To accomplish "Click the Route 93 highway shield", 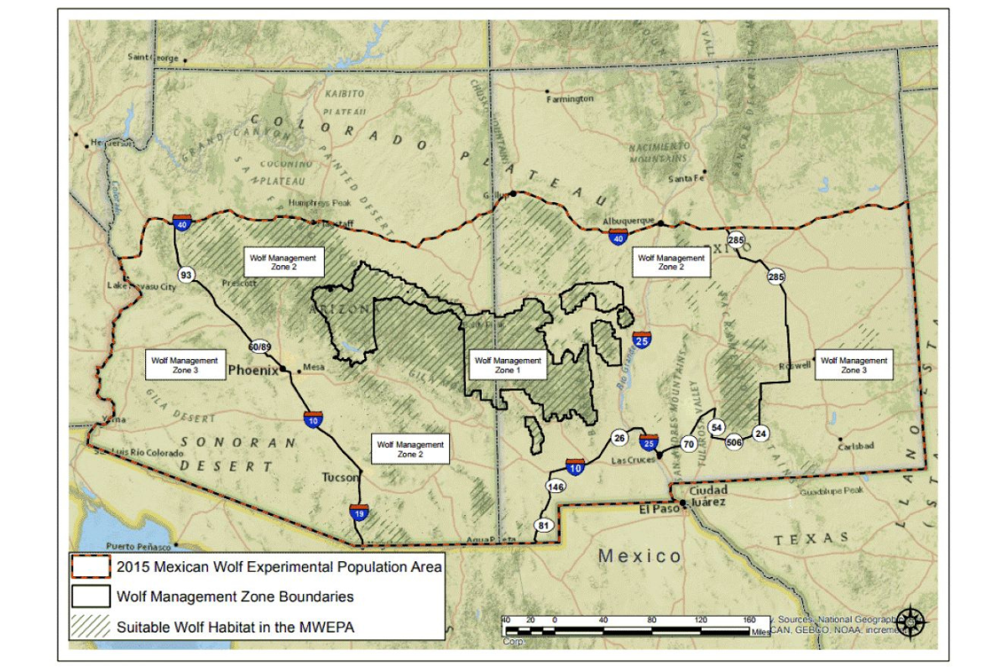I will tap(186, 274).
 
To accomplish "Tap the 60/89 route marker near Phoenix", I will tap(260, 346).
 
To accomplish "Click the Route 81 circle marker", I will tap(543, 525).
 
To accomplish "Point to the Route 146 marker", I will tap(556, 486).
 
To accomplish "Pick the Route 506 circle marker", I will tap(734, 441).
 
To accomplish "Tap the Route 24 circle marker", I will tap(761, 433).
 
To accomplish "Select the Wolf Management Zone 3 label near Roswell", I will tap(853, 365).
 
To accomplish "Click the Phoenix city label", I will tap(253, 369).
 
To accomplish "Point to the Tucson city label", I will tap(341, 477).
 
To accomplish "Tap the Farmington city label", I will tap(570, 99).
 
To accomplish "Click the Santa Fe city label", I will tap(686, 179).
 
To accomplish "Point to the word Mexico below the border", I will tap(639, 555).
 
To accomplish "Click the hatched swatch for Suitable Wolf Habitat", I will tap(91, 627).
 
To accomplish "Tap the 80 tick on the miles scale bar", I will tap(652, 621).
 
